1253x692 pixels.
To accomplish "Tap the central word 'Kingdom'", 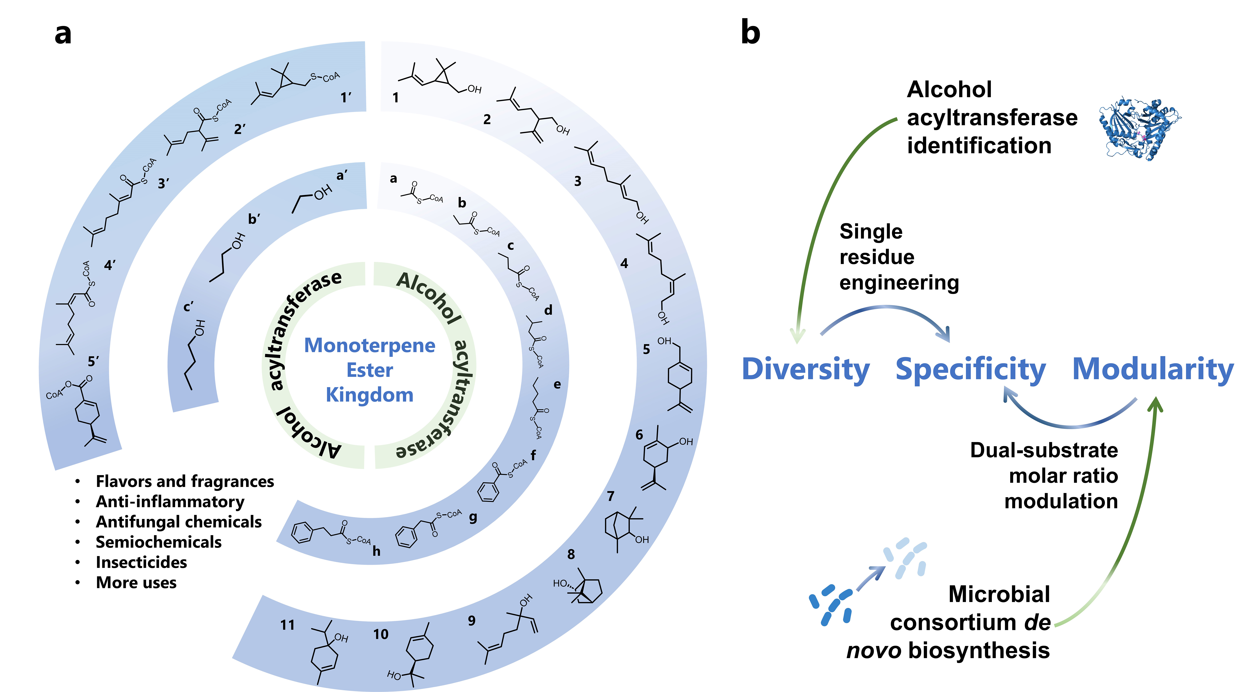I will (x=370, y=395).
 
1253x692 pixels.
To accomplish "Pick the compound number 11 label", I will (x=288, y=625).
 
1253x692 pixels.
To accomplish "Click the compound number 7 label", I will (x=611, y=496).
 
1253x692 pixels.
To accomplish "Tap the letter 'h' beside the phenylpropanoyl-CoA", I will (x=376, y=551).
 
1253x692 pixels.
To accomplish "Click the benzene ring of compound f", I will (x=488, y=492).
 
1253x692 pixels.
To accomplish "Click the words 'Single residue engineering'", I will (x=899, y=257).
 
